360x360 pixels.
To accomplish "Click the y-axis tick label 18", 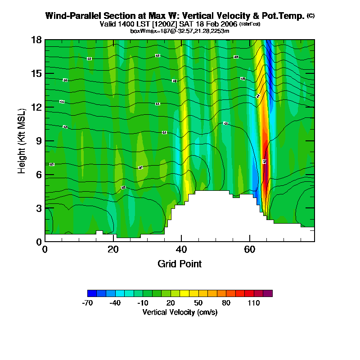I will click(x=37, y=40).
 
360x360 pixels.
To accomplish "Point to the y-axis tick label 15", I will click(x=37, y=73).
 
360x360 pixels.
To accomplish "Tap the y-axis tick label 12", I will click(x=37, y=107).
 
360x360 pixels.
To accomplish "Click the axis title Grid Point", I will click(x=180, y=264).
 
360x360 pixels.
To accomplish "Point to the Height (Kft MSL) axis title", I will click(x=22, y=141).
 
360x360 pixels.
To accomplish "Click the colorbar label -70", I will click(x=87, y=303).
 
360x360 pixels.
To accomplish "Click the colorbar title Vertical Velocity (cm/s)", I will click(x=180, y=312).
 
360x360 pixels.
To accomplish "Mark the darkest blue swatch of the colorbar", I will click(x=92, y=293).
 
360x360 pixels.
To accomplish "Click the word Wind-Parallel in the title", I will click(x=70, y=16).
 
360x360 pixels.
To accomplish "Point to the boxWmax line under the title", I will click(x=180, y=31).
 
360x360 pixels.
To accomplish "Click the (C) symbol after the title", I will click(x=310, y=15).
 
